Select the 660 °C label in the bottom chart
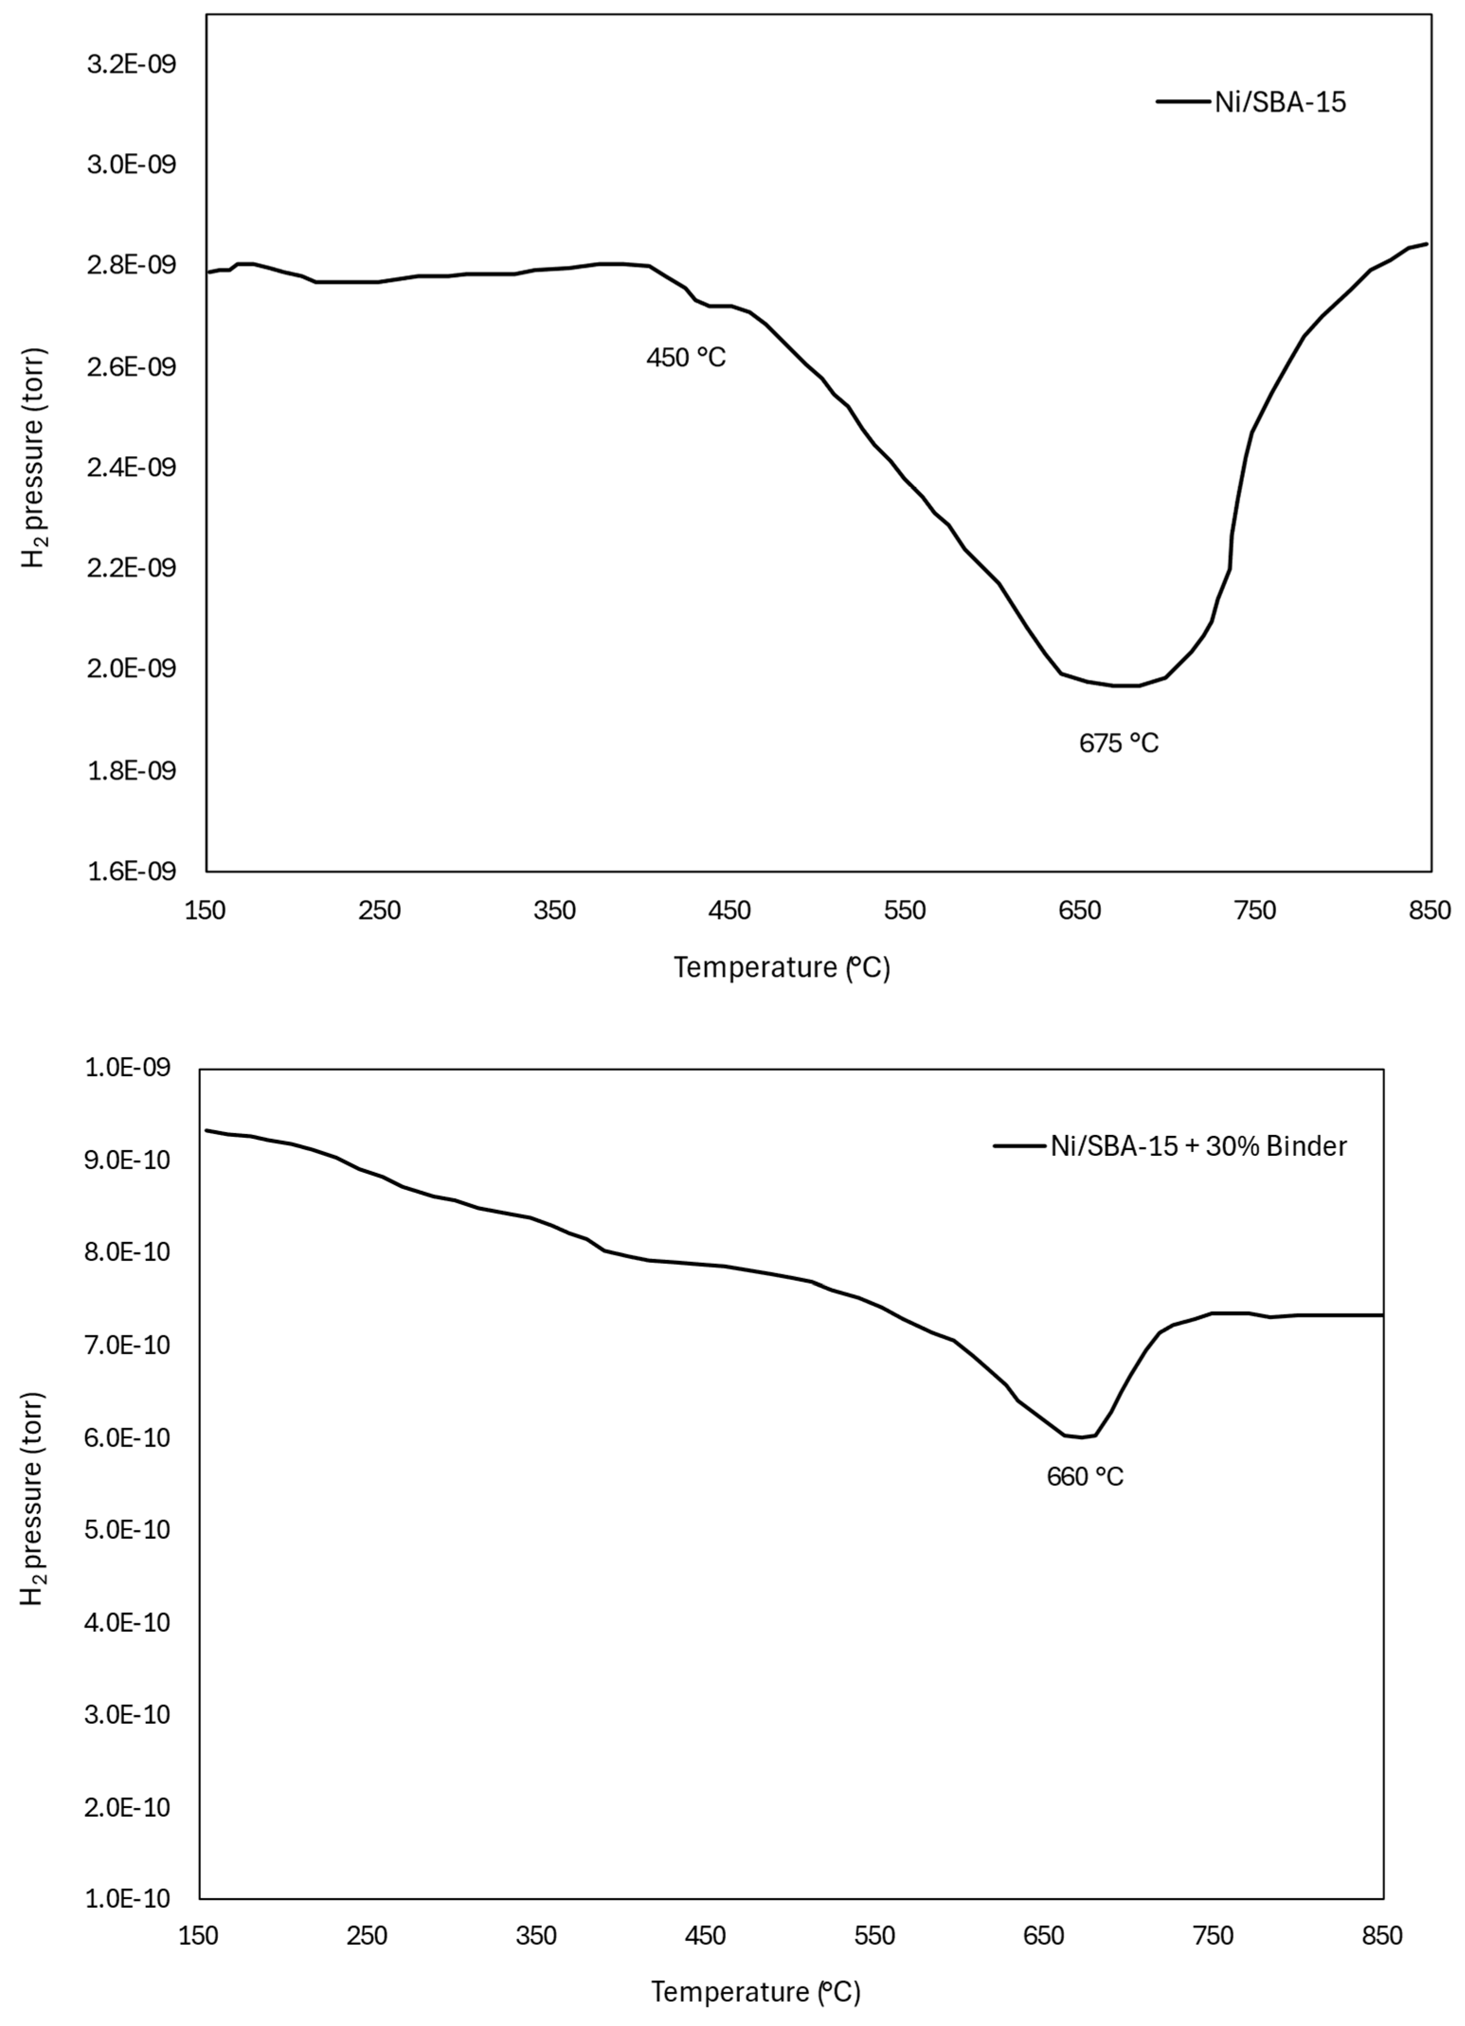coord(1085,1477)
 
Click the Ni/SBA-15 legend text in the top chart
coord(1279,103)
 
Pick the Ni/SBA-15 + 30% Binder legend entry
coord(1198,1146)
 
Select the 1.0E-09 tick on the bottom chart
coord(128,1068)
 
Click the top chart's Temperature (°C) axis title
coord(782,967)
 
